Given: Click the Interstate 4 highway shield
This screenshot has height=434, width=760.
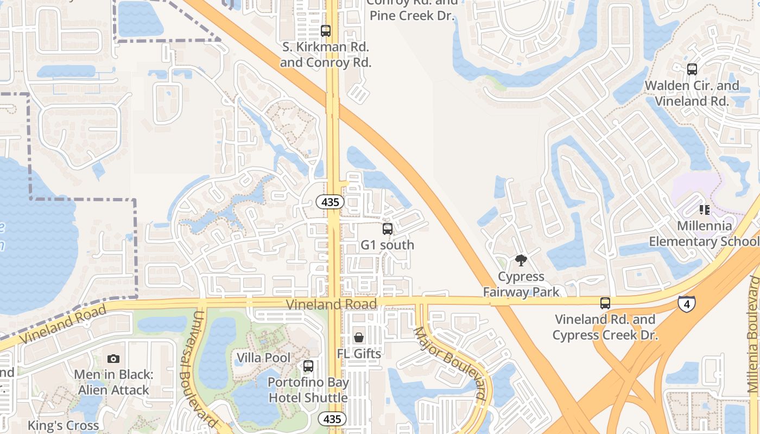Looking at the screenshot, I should click(x=686, y=303).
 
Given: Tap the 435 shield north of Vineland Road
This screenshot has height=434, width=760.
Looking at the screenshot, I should click(x=330, y=202).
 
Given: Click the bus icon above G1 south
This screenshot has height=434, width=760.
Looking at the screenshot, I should click(x=387, y=229).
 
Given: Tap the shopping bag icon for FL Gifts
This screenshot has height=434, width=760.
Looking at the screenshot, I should click(x=359, y=337).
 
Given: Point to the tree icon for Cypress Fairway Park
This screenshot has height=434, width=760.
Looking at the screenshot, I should click(x=521, y=260).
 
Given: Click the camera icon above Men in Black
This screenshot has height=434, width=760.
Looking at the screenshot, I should click(x=113, y=359).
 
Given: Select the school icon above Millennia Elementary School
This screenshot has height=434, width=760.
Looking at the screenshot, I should click(x=705, y=209).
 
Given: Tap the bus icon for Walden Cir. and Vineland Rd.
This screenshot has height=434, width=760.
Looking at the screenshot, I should click(x=692, y=69).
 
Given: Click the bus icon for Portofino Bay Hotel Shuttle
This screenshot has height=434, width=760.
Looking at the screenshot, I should click(x=308, y=366).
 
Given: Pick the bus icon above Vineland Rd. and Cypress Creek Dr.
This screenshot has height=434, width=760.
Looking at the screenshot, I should click(x=605, y=303).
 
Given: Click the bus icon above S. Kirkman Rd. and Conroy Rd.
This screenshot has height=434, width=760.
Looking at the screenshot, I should click(x=326, y=31).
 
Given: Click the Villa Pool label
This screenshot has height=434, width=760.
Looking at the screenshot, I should click(x=263, y=358).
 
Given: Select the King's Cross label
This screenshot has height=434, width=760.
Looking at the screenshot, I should click(x=64, y=425).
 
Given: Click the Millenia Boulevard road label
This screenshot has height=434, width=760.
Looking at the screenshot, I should click(x=753, y=334).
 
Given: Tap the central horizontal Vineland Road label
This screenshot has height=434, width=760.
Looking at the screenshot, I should click(x=331, y=304).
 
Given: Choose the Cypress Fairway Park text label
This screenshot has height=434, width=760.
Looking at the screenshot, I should click(x=521, y=284).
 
